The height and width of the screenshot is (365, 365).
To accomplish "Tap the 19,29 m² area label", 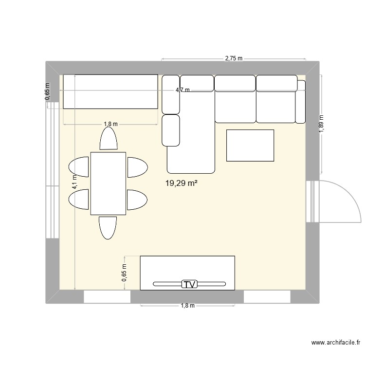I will click(x=183, y=183).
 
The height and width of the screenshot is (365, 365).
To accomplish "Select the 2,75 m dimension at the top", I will click(x=233, y=58).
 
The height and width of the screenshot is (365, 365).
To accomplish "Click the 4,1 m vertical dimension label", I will click(x=74, y=182).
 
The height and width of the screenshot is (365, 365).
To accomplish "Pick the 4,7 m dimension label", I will click(x=183, y=90).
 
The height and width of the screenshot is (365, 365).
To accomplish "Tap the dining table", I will click(x=108, y=183).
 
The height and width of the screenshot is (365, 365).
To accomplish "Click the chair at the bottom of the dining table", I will click(x=108, y=227).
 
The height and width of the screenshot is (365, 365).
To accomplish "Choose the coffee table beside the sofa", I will click(x=250, y=145).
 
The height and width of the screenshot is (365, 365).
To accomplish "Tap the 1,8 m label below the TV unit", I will click(x=187, y=306).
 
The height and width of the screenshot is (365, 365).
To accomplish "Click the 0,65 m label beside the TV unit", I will click(x=124, y=273).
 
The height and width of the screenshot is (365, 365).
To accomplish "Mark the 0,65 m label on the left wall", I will click(x=47, y=91).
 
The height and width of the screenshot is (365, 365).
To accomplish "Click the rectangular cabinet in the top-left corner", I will click(x=110, y=91).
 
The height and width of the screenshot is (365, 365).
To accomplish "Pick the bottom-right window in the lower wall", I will click(x=267, y=296).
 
